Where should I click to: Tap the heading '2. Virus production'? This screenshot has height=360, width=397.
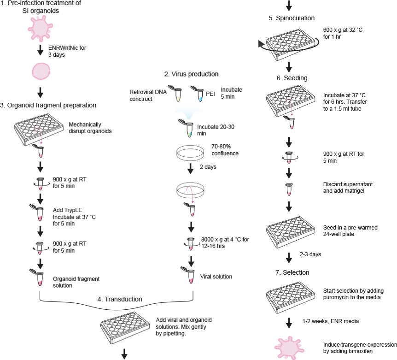[x=192, y=74]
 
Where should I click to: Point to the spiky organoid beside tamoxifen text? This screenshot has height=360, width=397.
[x=290, y=347]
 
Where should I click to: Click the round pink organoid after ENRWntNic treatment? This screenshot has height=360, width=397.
[x=40, y=72]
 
